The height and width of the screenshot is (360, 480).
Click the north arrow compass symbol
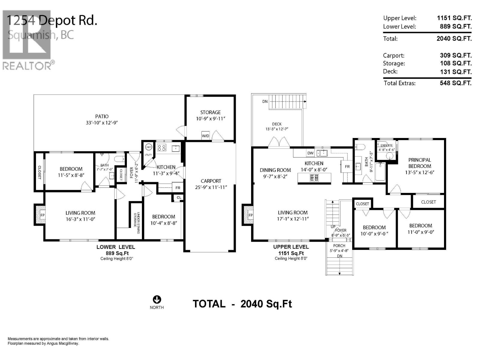[x=157, y=300]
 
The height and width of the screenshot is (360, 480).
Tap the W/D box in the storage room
[x=205, y=136]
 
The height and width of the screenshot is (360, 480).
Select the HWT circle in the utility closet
[x=148, y=147]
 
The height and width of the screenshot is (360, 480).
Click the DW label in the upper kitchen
[x=310, y=153]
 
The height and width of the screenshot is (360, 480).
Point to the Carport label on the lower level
[x=211, y=181]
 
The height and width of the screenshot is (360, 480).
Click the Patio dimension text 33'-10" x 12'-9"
[x=102, y=123]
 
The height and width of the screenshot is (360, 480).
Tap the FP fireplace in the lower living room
[x=42, y=215]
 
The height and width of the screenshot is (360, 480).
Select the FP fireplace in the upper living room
[x=250, y=215]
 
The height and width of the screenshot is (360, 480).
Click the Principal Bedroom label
[x=420, y=163]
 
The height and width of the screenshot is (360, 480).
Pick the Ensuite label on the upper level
[x=386, y=145]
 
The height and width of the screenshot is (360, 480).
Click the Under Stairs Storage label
[x=136, y=220]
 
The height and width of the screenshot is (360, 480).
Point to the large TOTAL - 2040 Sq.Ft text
[x=242, y=304]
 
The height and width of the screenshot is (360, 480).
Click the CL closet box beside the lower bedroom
[x=179, y=197]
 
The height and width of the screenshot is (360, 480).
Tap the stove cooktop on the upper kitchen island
[x=314, y=178]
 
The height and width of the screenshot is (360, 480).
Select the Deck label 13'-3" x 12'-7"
[x=277, y=126]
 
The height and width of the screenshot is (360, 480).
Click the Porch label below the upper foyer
[x=339, y=245]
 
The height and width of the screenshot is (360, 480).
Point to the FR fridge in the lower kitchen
[x=178, y=188]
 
